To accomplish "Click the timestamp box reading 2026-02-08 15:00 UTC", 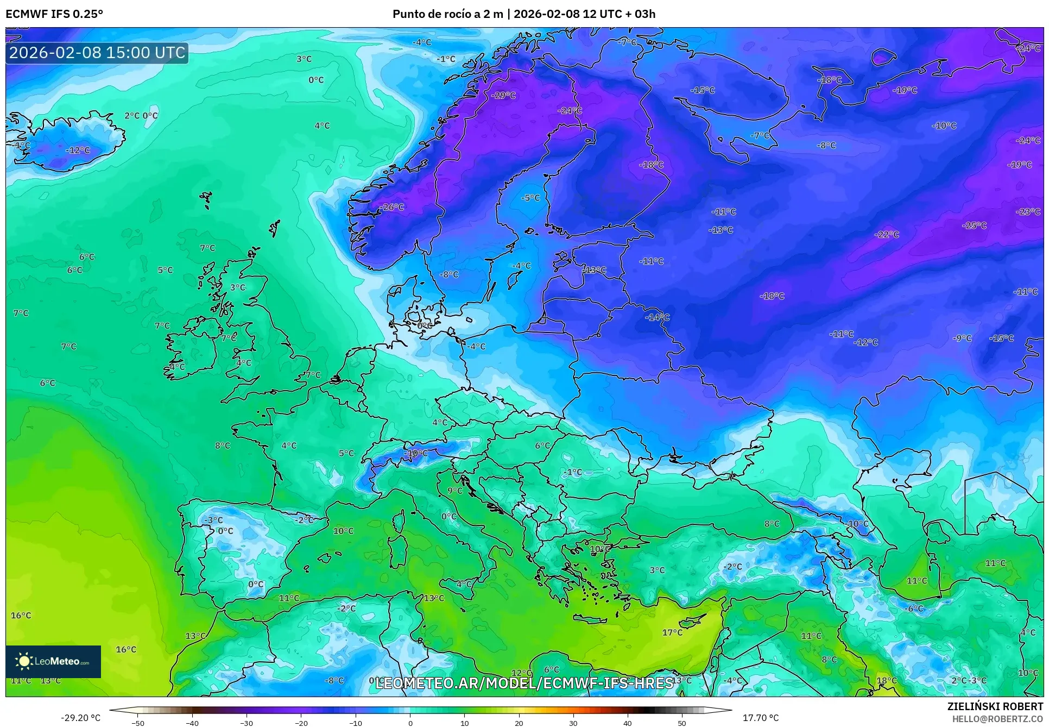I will coord(97,53).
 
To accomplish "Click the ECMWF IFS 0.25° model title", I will coord(54,14).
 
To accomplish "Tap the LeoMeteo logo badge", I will coord(53,661).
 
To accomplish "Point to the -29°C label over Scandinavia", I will coord(503,96).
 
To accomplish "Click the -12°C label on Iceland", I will coord(78,151).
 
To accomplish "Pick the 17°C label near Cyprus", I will coord(672,632).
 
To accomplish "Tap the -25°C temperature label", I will coord(975,225).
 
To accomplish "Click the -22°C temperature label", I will coord(887,235).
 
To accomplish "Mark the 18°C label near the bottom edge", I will coord(887,680).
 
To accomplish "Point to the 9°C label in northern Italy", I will coord(455,491).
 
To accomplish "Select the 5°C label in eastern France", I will coord(346,453).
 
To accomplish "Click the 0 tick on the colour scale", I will coord(410,723).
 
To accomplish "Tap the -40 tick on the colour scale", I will coord(192,723).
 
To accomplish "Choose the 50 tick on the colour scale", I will coord(682,723).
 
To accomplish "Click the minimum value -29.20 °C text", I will coord(80,718).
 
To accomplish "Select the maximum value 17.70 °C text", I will coord(760,718).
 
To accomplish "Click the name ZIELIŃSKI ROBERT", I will coord(995,707).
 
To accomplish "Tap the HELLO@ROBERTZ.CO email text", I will coord(997,719).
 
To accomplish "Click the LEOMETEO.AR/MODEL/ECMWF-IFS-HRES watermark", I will coord(524,683).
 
